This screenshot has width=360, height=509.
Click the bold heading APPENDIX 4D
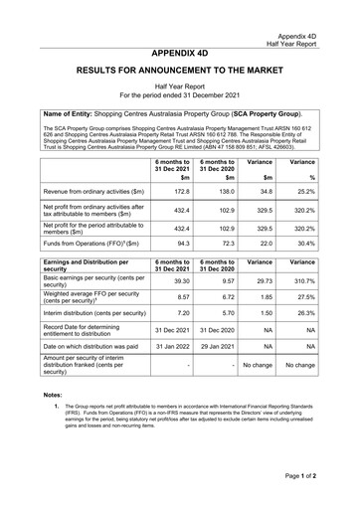[x=180, y=54]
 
